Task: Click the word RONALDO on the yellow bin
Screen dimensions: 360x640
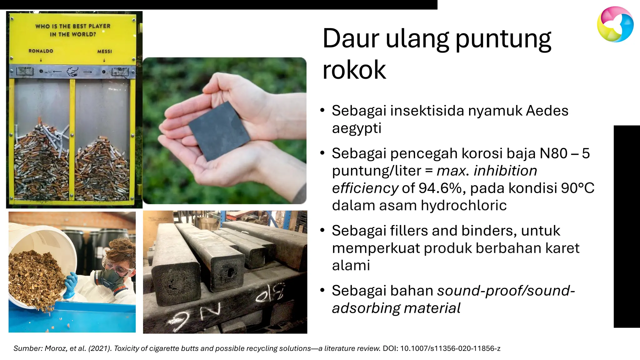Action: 41,51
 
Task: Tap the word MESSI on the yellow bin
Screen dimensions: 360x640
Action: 104,51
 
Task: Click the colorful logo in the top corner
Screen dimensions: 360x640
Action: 615,24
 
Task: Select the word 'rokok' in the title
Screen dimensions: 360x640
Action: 354,70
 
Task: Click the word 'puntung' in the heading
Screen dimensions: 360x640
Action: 503,39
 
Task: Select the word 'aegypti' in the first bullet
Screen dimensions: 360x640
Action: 357,128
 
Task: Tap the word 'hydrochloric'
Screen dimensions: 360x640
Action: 463,206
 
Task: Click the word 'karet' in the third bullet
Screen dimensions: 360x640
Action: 562,248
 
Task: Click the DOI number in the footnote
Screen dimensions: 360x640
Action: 450,348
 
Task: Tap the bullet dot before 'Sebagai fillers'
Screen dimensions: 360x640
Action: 322,230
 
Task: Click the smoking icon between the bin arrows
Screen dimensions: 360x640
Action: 72,72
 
